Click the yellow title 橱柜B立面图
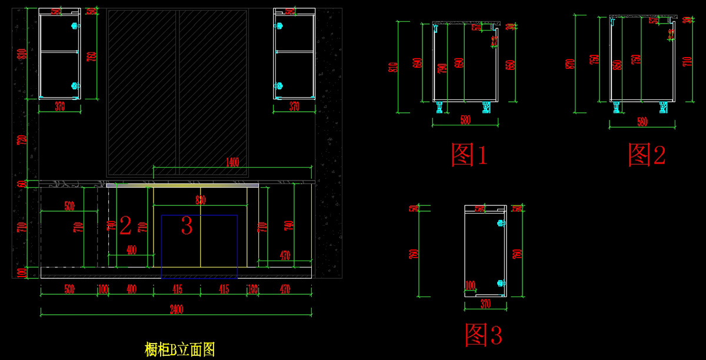click(x=180, y=349)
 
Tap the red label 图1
click(x=469, y=155)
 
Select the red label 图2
click(x=647, y=155)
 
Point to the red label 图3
click(x=484, y=334)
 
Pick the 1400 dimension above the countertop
click(x=232, y=163)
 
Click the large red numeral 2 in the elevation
click(x=125, y=225)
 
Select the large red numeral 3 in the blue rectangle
click(x=187, y=226)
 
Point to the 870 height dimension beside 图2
click(x=569, y=64)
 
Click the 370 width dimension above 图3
click(x=485, y=304)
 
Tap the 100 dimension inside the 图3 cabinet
click(x=470, y=285)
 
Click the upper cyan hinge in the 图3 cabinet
click(x=501, y=224)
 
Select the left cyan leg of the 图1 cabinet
click(x=439, y=107)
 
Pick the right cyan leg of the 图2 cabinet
click(x=664, y=107)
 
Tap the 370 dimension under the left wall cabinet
click(x=59, y=106)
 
